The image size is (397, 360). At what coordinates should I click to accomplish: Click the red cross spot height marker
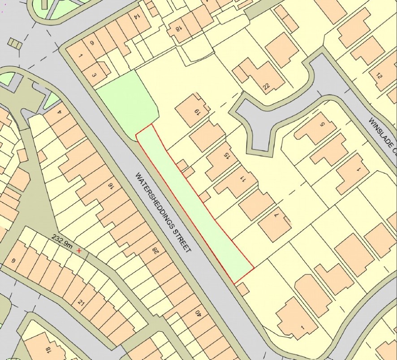(x=80, y=251)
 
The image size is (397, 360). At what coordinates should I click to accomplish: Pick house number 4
(x=59, y=107)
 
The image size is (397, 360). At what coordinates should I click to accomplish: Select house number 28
(x=156, y=249)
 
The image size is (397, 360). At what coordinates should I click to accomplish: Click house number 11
(x=243, y=180)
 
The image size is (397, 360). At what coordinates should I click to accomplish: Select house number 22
(x=267, y=87)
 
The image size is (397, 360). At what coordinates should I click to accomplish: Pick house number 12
(x=380, y=76)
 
